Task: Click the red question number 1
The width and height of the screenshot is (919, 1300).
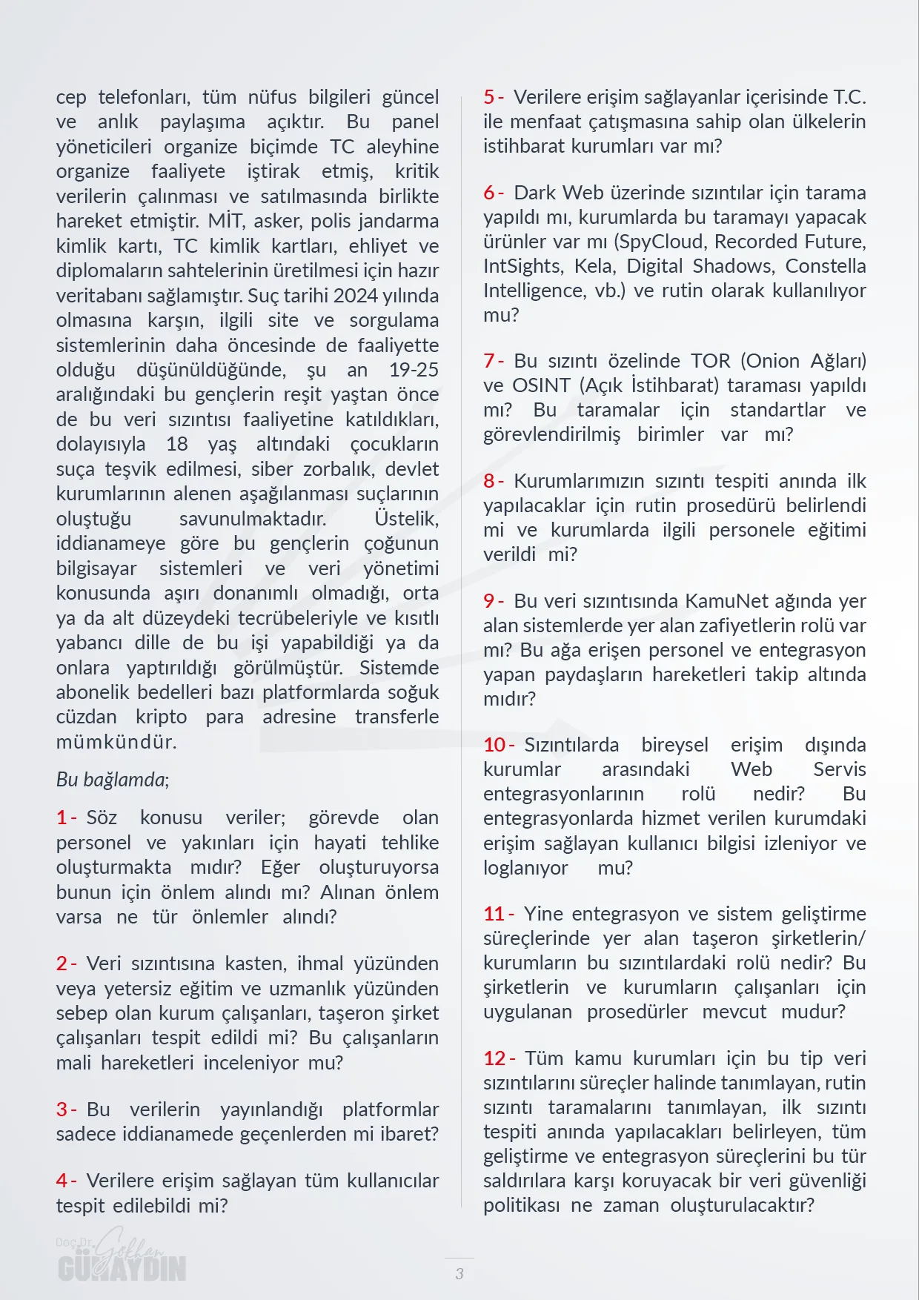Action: tap(62, 818)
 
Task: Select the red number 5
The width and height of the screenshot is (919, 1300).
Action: tap(489, 97)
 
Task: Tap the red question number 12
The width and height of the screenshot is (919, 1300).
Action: tap(494, 1058)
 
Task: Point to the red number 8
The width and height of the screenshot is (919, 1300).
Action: tap(489, 481)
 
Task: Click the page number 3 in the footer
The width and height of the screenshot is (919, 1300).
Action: tap(459, 1274)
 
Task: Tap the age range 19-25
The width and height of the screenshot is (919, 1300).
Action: tap(414, 370)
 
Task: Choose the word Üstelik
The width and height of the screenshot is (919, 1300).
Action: tap(406, 519)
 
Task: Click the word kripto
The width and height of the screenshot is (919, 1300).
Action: tap(161, 717)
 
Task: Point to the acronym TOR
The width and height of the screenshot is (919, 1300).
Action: tap(711, 361)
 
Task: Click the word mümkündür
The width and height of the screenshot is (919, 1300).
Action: tap(116, 742)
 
